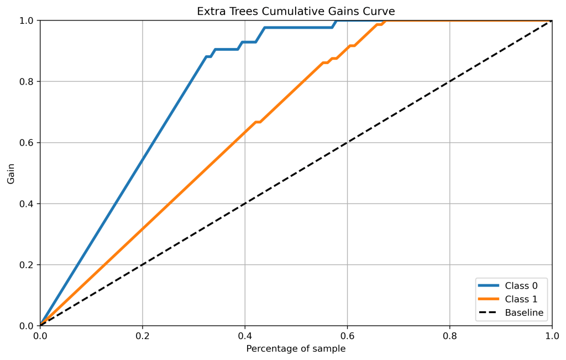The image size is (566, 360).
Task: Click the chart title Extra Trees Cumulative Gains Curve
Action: pyautogui.click(x=296, y=12)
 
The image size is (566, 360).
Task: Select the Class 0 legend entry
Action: pyautogui.click(x=521, y=285)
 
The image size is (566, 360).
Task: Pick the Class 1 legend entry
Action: pyautogui.click(x=521, y=299)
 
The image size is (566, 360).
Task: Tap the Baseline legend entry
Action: pyautogui.click(x=524, y=313)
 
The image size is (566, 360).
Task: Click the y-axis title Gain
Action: pyautogui.click(x=11, y=173)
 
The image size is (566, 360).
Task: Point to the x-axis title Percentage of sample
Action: pyautogui.click(x=296, y=349)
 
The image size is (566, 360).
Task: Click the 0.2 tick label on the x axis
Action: pyautogui.click(x=143, y=336)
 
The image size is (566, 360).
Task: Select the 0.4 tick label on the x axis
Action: pyautogui.click(x=245, y=336)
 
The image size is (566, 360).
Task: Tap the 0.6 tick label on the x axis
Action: pyautogui.click(x=347, y=336)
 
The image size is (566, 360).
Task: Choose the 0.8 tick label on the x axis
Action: pyautogui.click(x=449, y=336)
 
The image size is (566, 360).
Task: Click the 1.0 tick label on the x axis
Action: pyautogui.click(x=552, y=336)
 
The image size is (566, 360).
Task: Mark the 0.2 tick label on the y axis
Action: pyautogui.click(x=27, y=265)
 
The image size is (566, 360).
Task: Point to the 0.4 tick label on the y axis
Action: pyautogui.click(x=27, y=204)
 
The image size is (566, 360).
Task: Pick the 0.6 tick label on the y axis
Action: pyautogui.click(x=27, y=143)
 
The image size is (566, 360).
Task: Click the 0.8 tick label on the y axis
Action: pyautogui.click(x=27, y=82)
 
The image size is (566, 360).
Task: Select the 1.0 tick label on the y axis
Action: pyautogui.click(x=27, y=21)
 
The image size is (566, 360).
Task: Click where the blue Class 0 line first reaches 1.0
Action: pyautogui.click(x=337, y=21)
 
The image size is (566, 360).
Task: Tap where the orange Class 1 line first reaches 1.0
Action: pyautogui.click(x=386, y=21)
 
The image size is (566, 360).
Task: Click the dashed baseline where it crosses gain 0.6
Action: pyautogui.click(x=347, y=143)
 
